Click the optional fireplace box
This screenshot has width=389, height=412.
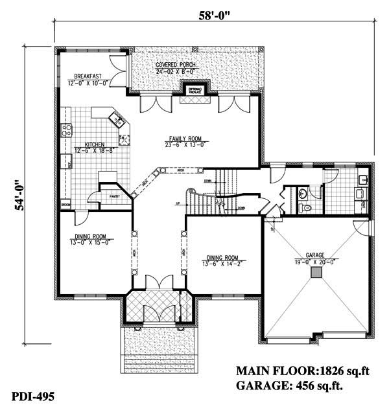(194, 90)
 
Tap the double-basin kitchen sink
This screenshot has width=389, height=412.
(117, 119)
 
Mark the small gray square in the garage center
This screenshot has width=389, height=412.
(316, 275)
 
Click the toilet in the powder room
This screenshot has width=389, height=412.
(307, 207)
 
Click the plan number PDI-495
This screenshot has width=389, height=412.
(32, 395)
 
